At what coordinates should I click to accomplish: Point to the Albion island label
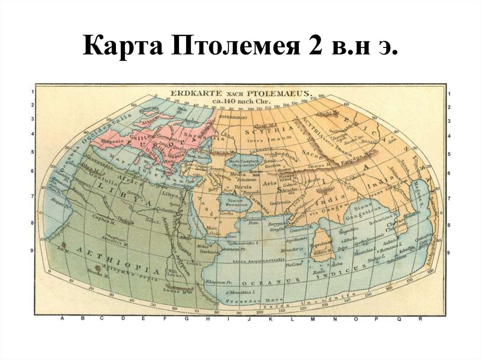[149, 119]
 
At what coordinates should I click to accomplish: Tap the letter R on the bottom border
[420, 319]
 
